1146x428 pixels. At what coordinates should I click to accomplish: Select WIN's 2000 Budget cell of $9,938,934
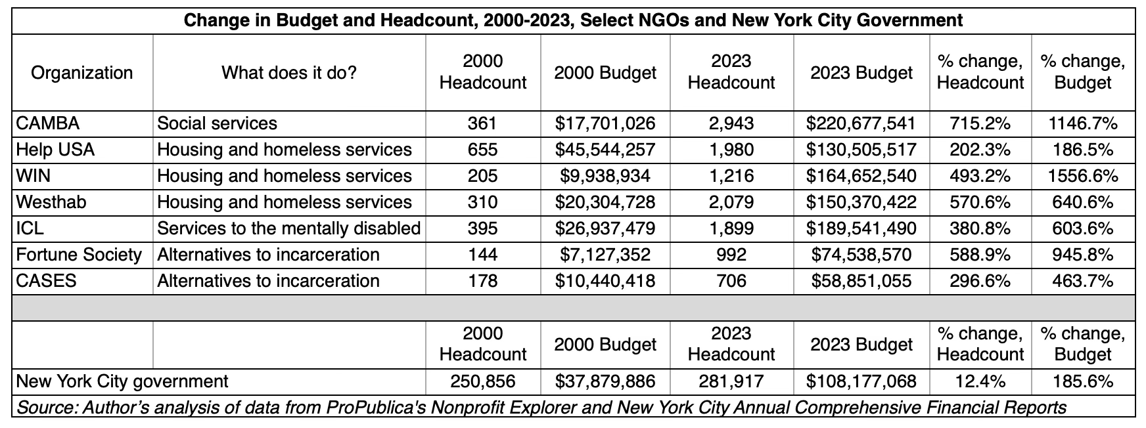(x=605, y=176)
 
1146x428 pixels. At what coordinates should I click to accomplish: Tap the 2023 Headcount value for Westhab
(x=731, y=202)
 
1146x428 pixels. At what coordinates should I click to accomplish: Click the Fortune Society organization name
(x=79, y=255)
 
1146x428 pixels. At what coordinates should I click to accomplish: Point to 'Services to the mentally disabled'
(x=288, y=228)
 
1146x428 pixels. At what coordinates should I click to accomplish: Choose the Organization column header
(x=81, y=72)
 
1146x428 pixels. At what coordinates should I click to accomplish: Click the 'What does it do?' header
(x=288, y=72)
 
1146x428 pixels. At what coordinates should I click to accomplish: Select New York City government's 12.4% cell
(x=980, y=381)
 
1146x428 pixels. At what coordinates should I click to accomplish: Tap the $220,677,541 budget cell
(x=861, y=123)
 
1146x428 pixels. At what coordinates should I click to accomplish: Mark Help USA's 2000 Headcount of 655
(x=482, y=150)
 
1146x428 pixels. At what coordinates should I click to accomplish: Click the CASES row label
(x=46, y=281)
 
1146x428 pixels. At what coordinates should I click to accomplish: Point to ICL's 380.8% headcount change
(x=980, y=228)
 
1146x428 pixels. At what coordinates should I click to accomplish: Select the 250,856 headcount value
(x=482, y=381)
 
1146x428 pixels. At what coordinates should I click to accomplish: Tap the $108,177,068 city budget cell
(x=861, y=381)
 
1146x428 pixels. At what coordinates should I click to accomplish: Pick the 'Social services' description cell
(x=217, y=123)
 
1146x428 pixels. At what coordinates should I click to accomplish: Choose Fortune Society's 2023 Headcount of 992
(x=731, y=255)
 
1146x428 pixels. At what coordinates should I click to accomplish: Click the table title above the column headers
(x=573, y=20)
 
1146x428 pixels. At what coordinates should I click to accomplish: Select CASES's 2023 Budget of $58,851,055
(x=861, y=281)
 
